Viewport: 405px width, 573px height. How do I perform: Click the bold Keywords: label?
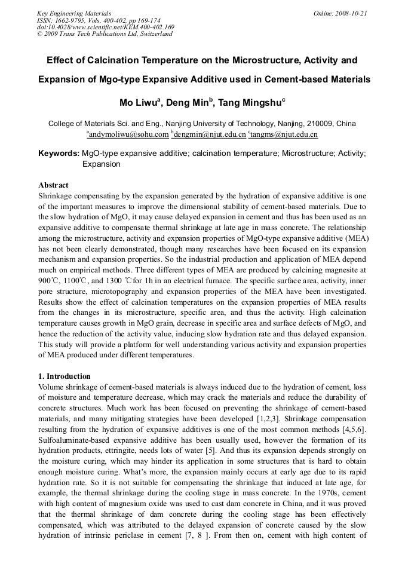pos(59,154)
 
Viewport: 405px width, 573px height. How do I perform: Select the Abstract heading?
pos(53,185)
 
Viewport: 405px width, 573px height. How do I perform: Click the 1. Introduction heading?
pos(64,376)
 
